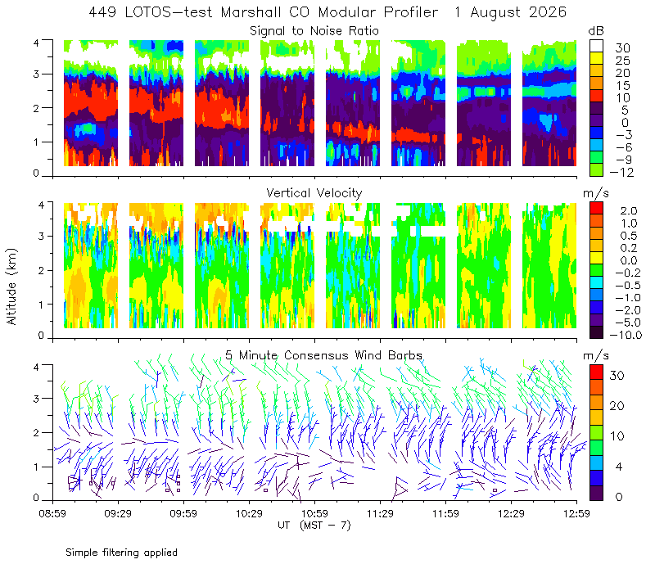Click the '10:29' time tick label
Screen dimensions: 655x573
point(249,513)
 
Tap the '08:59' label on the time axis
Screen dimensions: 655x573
point(52,513)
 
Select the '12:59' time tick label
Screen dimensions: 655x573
point(576,513)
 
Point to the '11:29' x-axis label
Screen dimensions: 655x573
point(380,513)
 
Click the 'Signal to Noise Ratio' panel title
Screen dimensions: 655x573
point(314,31)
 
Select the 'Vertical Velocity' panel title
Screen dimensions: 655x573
point(314,193)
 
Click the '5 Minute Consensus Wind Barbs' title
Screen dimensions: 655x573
point(323,355)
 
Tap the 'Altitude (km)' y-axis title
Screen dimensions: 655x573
point(11,286)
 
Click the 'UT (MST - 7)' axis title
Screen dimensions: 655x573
point(314,525)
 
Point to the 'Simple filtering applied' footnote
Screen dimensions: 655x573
point(121,553)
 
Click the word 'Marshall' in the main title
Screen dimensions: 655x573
point(251,12)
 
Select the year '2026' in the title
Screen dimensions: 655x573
point(548,12)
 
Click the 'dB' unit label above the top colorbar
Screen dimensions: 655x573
point(596,31)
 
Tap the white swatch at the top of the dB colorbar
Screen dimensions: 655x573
point(596,46)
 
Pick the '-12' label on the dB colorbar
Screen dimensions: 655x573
point(621,172)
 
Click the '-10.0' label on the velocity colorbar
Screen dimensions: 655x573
point(626,335)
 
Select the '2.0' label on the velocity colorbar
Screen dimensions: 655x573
point(629,211)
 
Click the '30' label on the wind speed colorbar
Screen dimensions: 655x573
point(617,376)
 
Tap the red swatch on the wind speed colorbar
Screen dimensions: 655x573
point(596,372)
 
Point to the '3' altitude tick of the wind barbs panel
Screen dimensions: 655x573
point(36,399)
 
